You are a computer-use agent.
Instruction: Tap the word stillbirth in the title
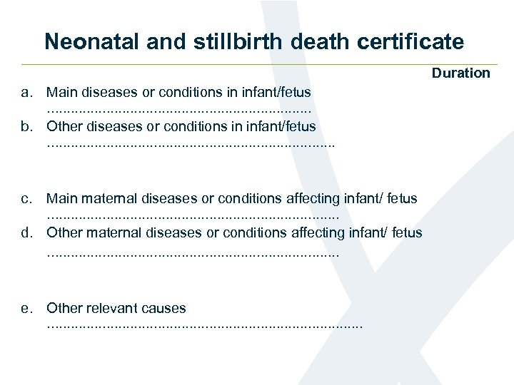228,42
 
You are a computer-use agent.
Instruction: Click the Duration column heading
460,73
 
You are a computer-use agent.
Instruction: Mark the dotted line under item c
192,216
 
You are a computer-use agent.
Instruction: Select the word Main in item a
62,92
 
